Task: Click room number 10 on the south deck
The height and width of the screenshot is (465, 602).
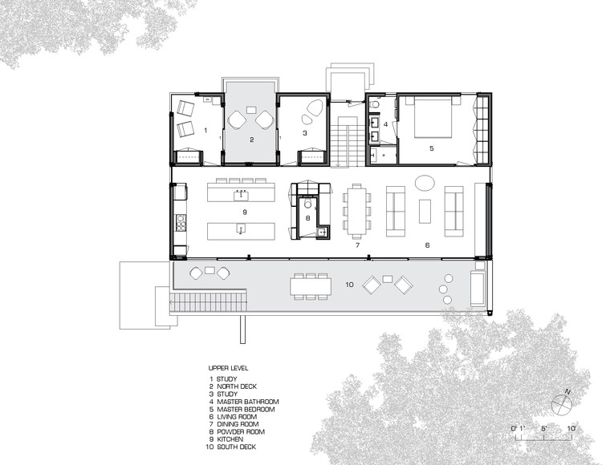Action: click(348, 284)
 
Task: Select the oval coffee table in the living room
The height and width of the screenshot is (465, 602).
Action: click(426, 182)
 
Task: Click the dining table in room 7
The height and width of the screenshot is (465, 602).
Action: click(356, 210)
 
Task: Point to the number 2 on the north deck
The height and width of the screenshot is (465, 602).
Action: click(251, 139)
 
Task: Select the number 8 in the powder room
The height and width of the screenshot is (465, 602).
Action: click(307, 216)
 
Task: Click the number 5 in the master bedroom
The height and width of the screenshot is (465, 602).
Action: click(430, 149)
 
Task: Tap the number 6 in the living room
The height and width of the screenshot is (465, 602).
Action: click(427, 245)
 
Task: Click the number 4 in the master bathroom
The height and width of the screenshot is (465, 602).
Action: click(386, 124)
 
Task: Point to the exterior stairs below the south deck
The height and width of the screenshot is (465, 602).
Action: click(204, 303)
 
